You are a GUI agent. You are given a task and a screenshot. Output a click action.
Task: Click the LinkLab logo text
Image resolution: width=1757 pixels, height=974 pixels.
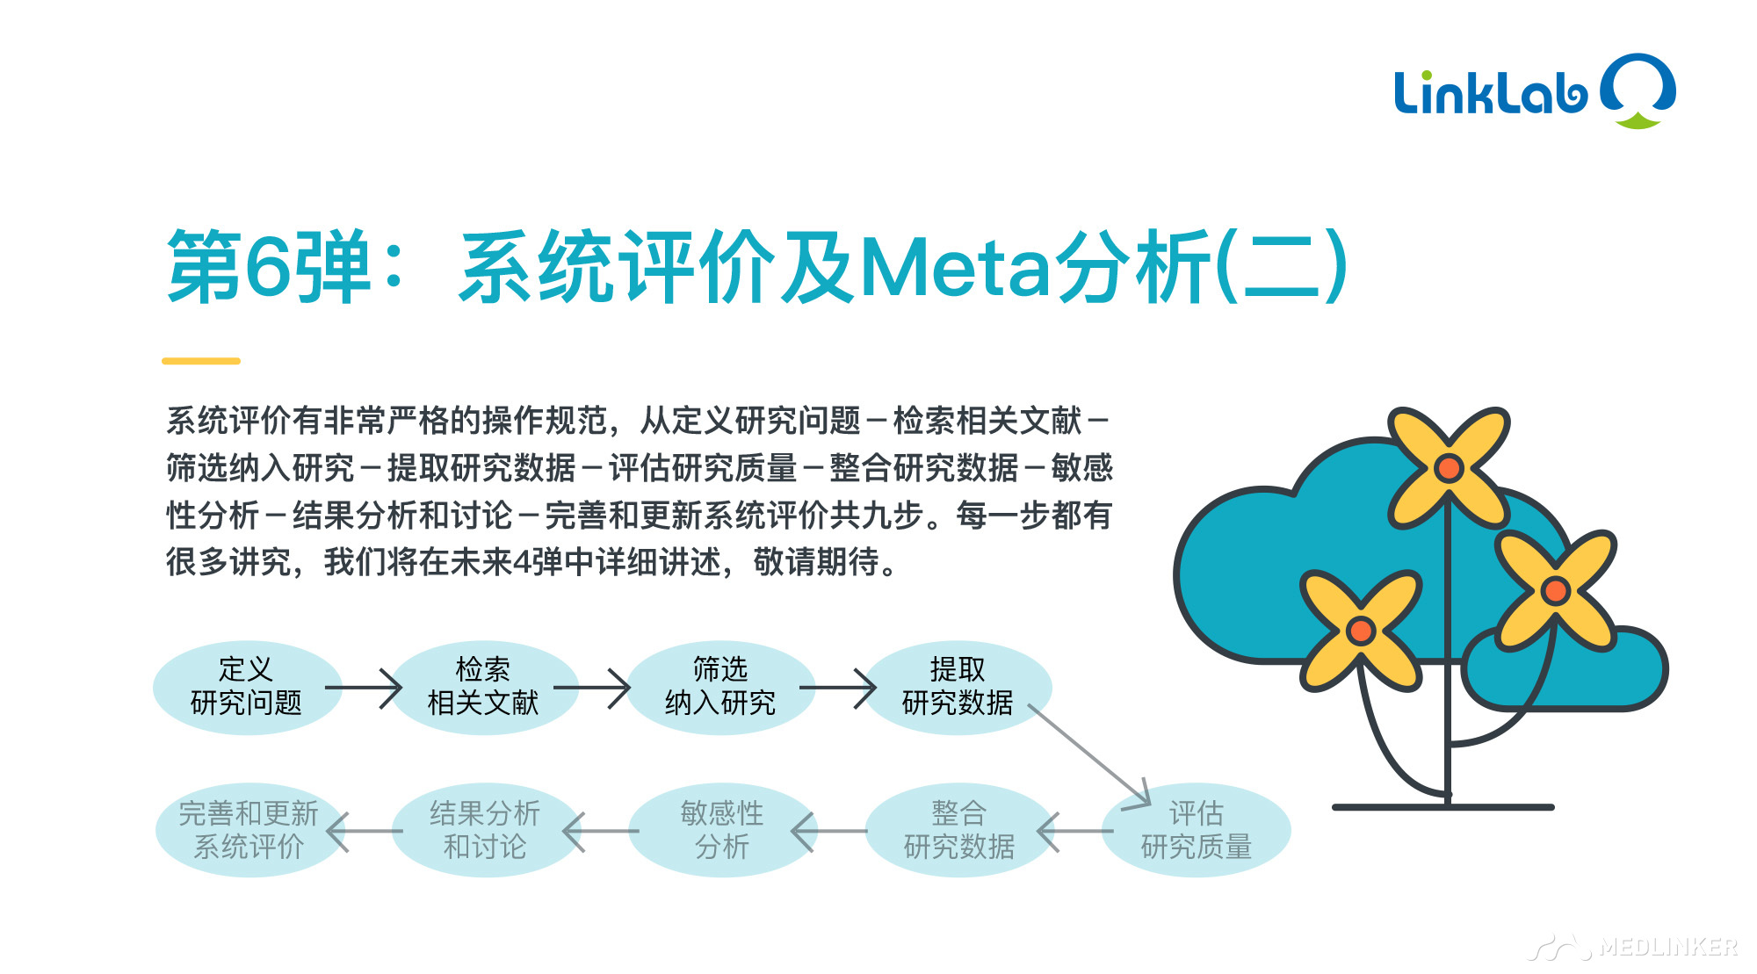pyautogui.click(x=1491, y=92)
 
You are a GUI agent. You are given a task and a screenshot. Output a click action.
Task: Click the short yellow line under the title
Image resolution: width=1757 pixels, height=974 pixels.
pyautogui.click(x=201, y=361)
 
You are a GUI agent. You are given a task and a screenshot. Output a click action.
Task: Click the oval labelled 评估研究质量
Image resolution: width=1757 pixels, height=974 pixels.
pyautogui.click(x=1197, y=830)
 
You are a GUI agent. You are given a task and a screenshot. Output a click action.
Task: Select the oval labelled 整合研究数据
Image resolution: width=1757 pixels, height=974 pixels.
pyautogui.click(x=959, y=830)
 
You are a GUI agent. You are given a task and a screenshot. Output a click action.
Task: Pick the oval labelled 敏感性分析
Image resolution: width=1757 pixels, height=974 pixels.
pyautogui.click(x=722, y=830)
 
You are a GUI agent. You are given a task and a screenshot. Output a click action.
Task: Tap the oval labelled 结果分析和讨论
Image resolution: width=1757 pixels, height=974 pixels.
pyautogui.click(x=485, y=830)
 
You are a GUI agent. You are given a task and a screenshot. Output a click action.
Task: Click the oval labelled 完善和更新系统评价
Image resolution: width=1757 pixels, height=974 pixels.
pyautogui.click(x=249, y=830)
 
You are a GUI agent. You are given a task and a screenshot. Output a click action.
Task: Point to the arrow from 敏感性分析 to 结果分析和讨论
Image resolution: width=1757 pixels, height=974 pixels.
pyautogui.click(x=601, y=831)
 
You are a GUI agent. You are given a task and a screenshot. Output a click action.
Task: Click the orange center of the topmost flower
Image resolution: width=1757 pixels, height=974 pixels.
pyautogui.click(x=1449, y=468)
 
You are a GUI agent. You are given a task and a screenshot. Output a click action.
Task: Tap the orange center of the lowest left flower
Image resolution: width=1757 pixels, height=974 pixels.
pyautogui.click(x=1361, y=630)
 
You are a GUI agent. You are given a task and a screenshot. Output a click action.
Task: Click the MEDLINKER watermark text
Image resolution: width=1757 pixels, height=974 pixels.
pyautogui.click(x=1668, y=947)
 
